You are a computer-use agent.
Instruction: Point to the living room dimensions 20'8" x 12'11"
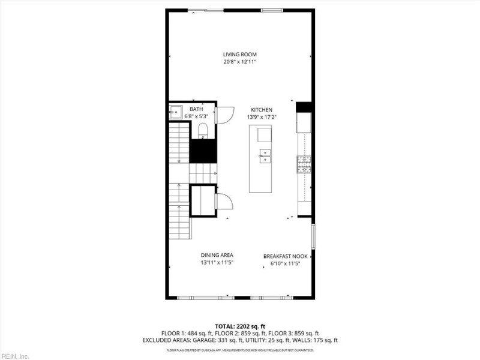(240, 62)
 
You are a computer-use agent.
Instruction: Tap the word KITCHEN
(262, 110)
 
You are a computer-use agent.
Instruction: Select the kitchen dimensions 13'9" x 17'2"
(262, 117)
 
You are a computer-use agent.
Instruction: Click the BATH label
(197, 109)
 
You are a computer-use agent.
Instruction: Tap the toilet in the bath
(202, 130)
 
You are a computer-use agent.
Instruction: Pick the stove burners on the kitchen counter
(304, 164)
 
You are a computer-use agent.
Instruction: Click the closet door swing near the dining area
(224, 203)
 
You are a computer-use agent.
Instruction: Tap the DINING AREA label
(217, 255)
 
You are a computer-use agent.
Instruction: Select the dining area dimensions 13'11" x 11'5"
(217, 263)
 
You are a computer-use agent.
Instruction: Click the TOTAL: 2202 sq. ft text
(240, 326)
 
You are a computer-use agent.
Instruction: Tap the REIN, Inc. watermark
(15, 356)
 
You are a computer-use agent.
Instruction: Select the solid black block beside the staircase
(203, 151)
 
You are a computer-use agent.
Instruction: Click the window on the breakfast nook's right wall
(313, 239)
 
